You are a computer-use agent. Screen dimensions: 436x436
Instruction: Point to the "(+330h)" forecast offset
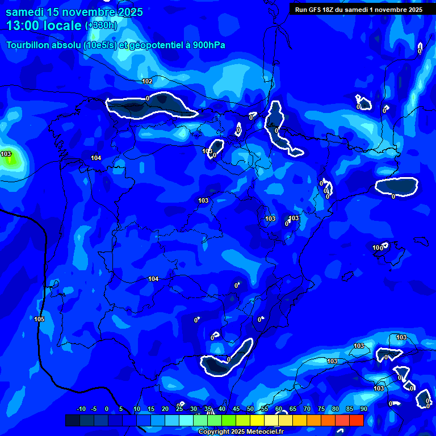(101, 26)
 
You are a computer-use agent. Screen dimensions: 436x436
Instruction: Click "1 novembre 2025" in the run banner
(395, 10)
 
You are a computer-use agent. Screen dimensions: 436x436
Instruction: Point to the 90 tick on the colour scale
(363, 409)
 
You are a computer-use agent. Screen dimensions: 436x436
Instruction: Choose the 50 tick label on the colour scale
(250, 409)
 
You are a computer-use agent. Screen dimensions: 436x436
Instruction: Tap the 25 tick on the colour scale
(179, 409)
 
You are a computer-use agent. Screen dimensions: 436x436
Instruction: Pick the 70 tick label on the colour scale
(307, 409)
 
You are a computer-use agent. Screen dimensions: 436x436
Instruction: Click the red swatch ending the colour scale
(357, 420)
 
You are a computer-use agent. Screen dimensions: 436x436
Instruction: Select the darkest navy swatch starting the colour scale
(73, 420)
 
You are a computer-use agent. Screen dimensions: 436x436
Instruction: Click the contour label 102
(147, 81)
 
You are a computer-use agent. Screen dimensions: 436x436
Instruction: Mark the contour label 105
(39, 319)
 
